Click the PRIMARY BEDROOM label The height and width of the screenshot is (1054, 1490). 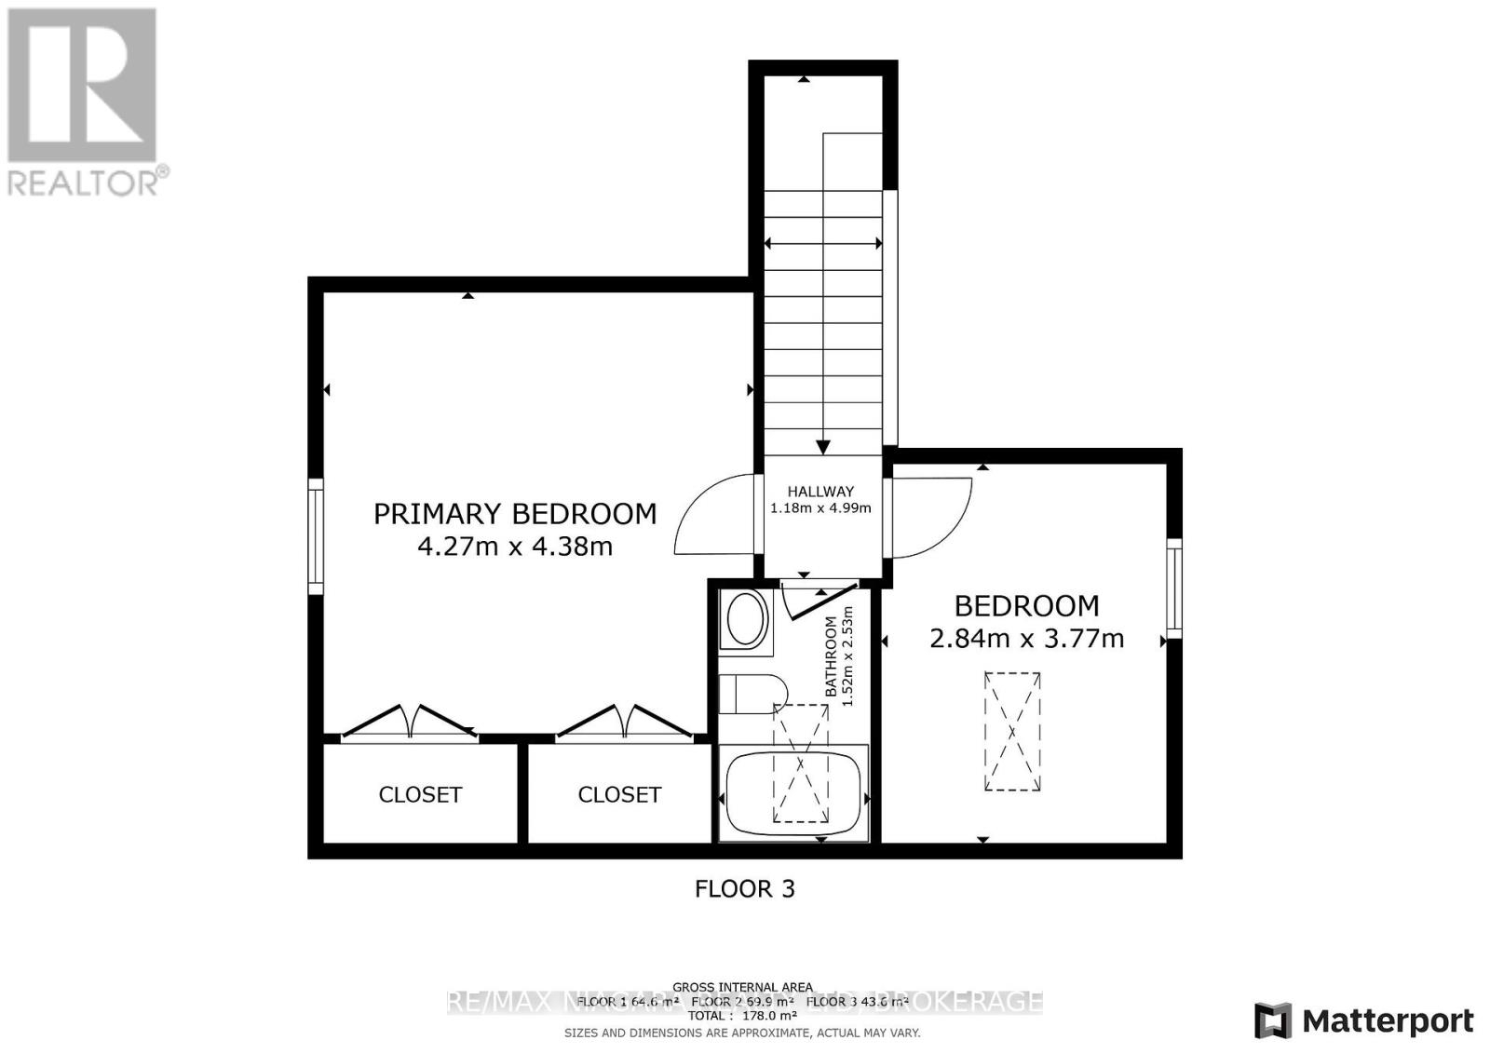click(x=515, y=514)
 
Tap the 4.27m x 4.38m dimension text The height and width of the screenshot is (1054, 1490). click(x=515, y=547)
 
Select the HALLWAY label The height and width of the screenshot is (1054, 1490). click(x=820, y=492)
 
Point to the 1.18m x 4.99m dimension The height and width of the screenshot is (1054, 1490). click(x=820, y=508)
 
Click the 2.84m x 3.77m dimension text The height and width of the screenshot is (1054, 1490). click(x=1027, y=639)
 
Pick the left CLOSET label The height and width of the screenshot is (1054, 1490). click(x=420, y=794)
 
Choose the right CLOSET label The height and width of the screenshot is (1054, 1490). click(x=619, y=794)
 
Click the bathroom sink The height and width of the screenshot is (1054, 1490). click(x=745, y=621)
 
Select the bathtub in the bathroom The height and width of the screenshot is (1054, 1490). click(x=792, y=794)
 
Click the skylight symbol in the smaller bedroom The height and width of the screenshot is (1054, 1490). click(x=1012, y=732)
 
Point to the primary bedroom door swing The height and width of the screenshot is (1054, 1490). click(x=712, y=515)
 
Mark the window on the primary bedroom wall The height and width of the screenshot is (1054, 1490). click(x=316, y=536)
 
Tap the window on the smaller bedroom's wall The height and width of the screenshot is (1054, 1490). click(x=1174, y=588)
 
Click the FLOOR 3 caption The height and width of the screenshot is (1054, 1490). click(x=745, y=888)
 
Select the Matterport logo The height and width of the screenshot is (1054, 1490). click(x=1364, y=1020)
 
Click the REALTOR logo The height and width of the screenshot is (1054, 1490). click(x=84, y=102)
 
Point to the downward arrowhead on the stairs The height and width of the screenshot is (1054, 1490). click(x=823, y=445)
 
